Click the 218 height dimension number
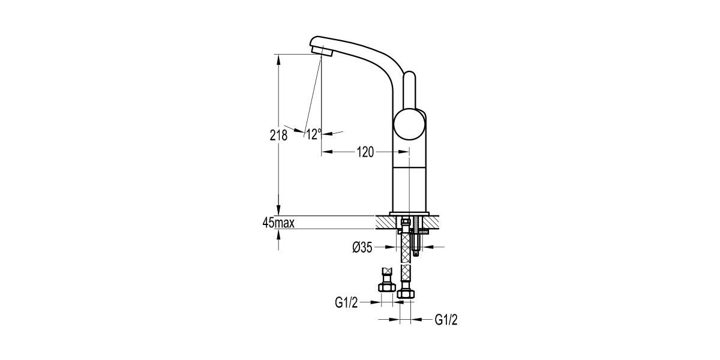coord(278,136)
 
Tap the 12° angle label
coord(313,134)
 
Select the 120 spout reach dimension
coord(365,152)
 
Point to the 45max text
coord(278,223)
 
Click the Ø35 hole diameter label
coord(362,247)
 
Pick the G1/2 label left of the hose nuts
coord(346,302)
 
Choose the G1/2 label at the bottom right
coord(446,319)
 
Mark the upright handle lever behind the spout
coord(409,90)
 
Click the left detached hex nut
coord(386,287)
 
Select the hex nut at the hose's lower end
coord(406,293)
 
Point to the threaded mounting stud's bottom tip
coord(417,254)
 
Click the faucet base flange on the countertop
coord(409,214)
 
